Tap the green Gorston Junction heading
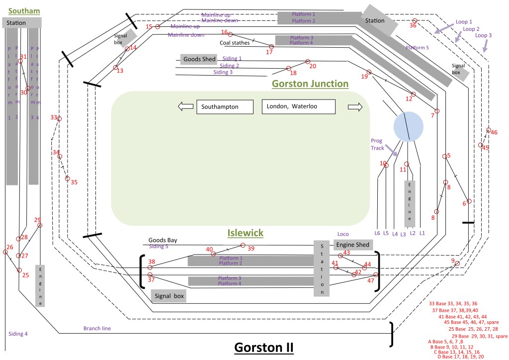coord(310,84)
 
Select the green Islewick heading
coord(245,233)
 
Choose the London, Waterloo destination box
coord(299,107)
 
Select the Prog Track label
coord(377,144)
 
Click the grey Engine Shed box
coord(352,245)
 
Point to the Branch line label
coord(97,328)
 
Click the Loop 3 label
coord(483,35)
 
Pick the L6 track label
coord(377,233)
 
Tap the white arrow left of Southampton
coord(185,106)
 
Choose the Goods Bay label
coord(163,240)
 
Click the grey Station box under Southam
coord(22,23)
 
